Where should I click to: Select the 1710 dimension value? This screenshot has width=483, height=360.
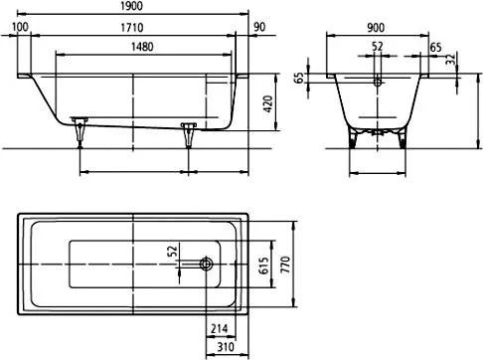pyautogui.click(x=136, y=28)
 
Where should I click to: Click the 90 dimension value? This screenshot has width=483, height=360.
pyautogui.click(x=258, y=28)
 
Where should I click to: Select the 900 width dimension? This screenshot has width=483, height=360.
pyautogui.click(x=376, y=28)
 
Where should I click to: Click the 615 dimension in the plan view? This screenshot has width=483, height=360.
pyautogui.click(x=264, y=264)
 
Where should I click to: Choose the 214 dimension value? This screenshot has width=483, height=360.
pyautogui.click(x=221, y=330)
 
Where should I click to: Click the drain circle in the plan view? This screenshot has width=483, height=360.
pyautogui.click(x=206, y=264)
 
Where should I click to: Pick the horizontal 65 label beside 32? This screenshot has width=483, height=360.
pyautogui.click(x=434, y=49)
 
